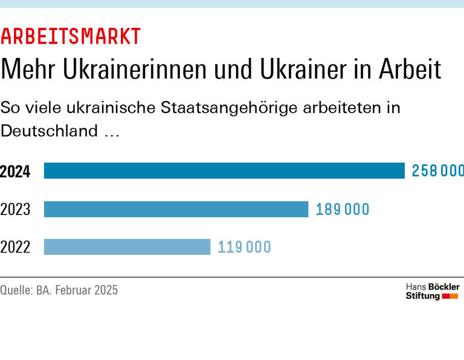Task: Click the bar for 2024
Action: tap(224, 171)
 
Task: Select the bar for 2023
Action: tap(176, 209)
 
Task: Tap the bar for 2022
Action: tap(127, 246)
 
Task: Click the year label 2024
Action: tap(16, 172)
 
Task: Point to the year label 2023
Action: tap(16, 210)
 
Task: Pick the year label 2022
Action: tap(16, 247)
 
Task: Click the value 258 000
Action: tap(437, 171)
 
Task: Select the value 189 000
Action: tap(342, 209)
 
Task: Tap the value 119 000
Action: tap(244, 246)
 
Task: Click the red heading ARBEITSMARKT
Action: tap(71, 36)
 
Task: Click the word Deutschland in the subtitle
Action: tap(50, 130)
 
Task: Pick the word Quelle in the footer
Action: tap(15, 290)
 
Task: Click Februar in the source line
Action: tap(76, 290)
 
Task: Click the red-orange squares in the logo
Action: tap(450, 296)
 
